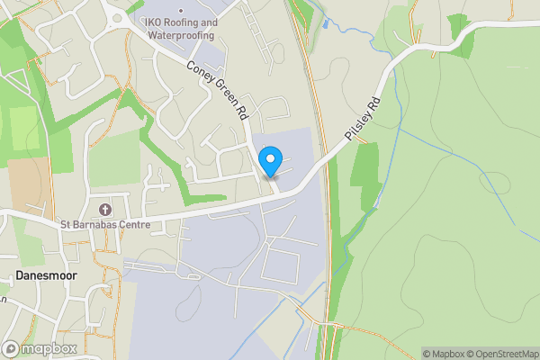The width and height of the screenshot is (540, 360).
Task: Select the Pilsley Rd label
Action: [364, 116]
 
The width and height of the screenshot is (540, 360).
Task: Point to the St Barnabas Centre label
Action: [104, 224]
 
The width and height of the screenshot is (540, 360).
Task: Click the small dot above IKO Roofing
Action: [180, 10]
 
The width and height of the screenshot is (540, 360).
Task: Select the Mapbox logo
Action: [40, 348]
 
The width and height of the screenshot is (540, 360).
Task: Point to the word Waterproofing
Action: [181, 35]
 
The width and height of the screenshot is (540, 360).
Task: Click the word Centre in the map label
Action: [131, 224]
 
